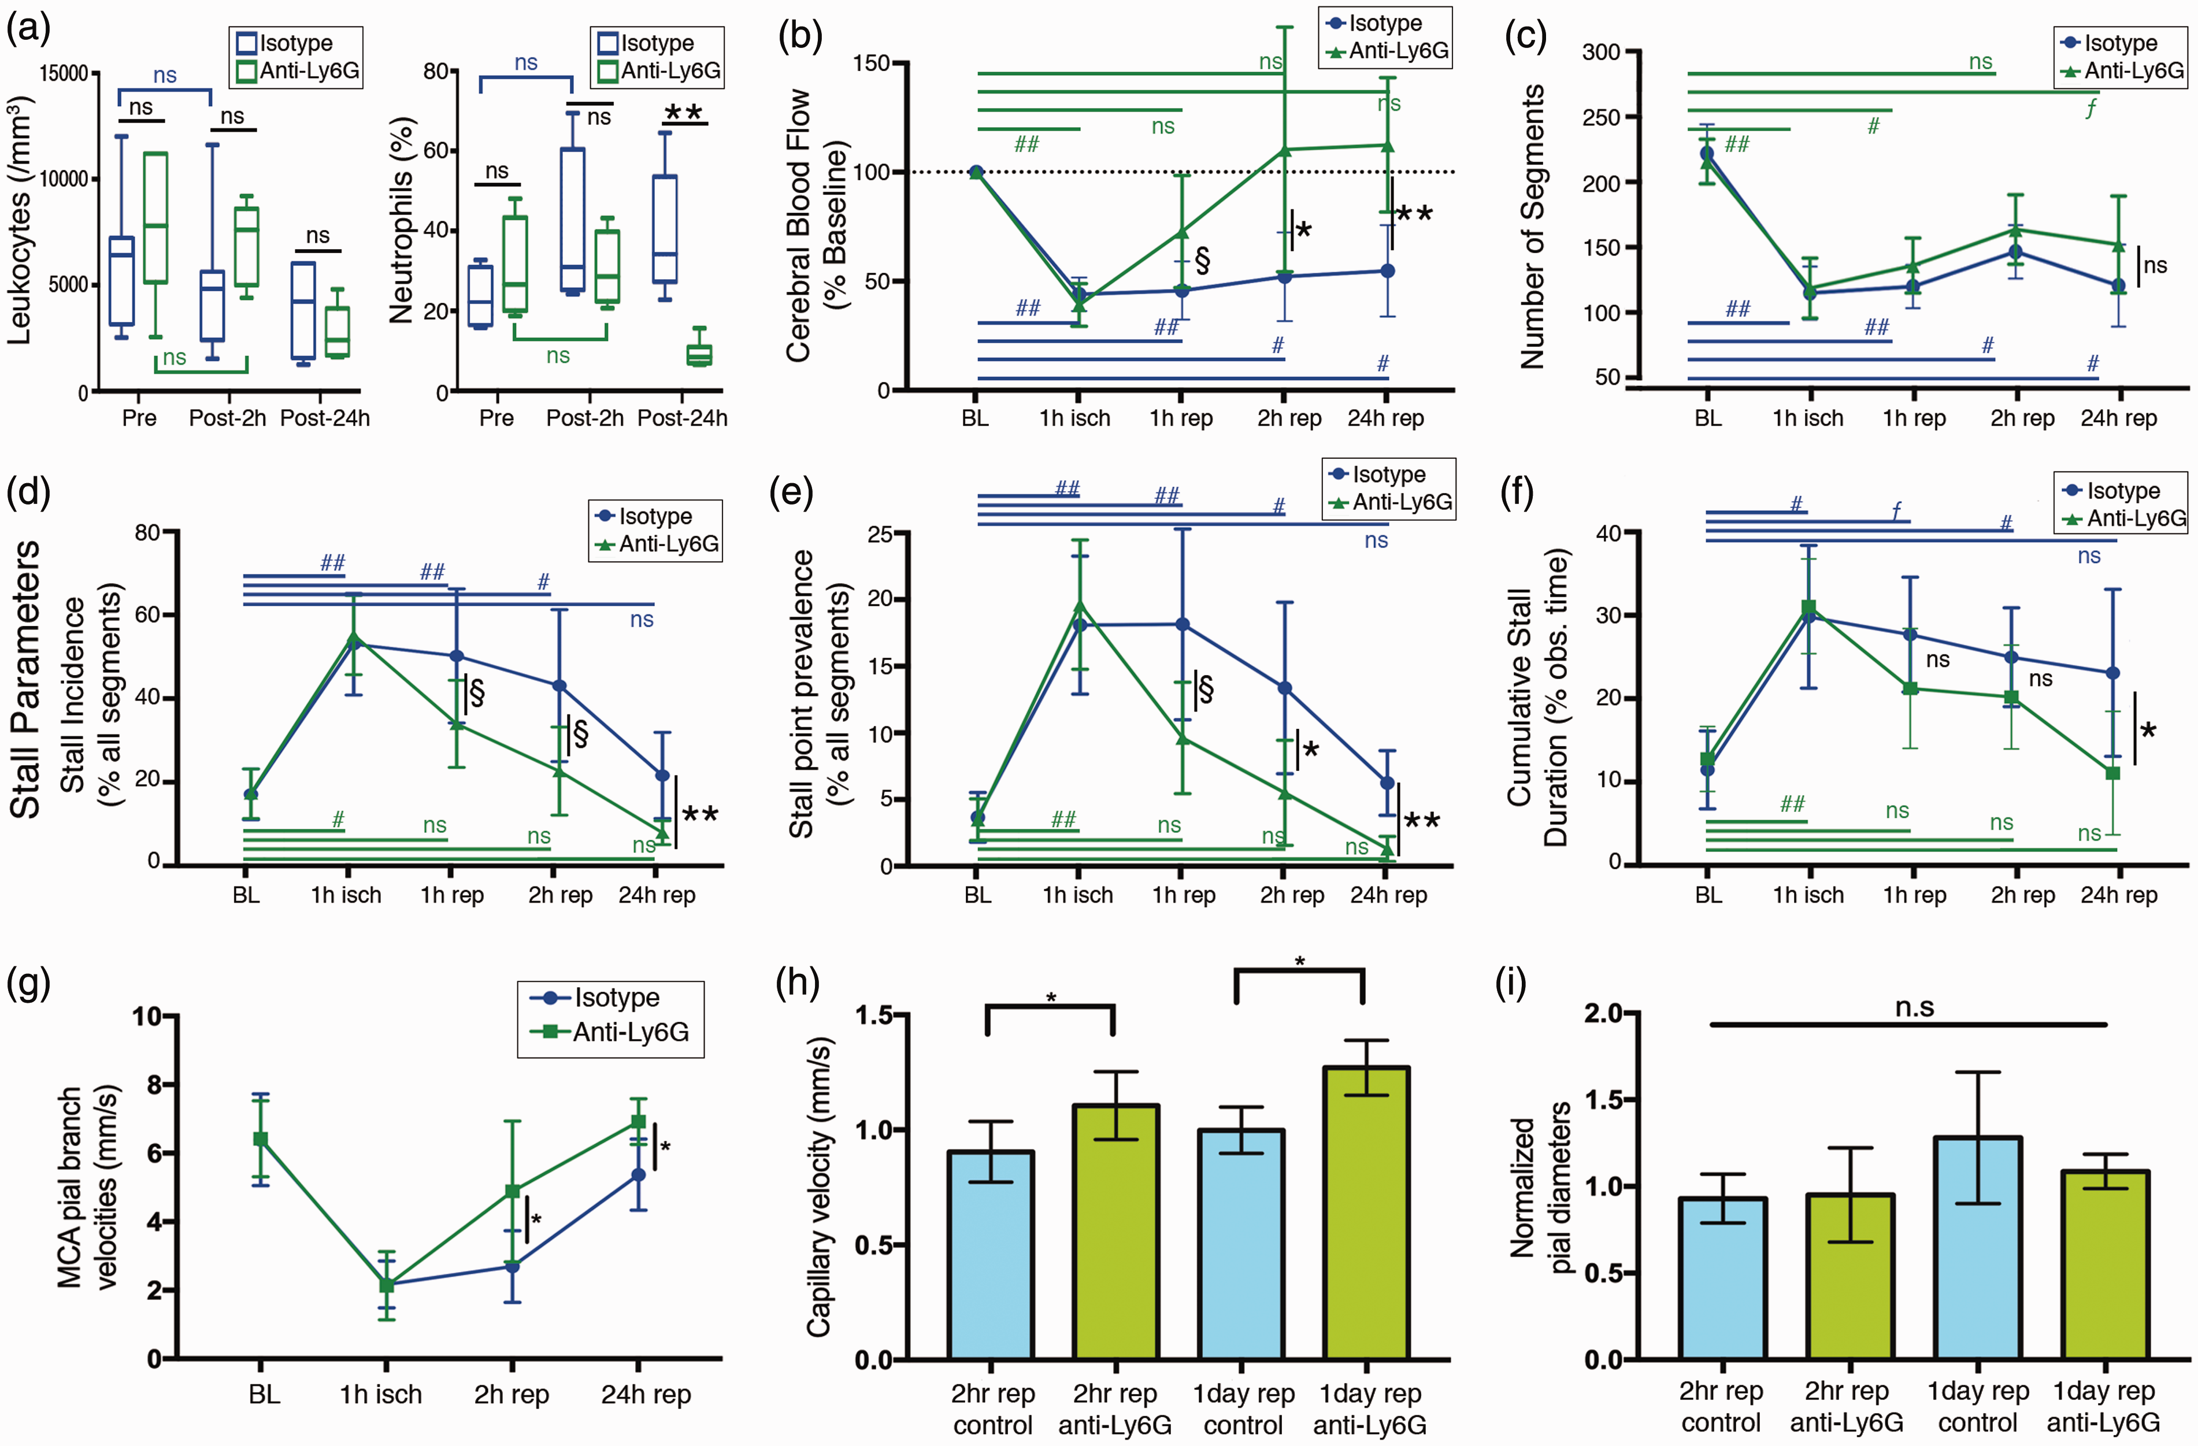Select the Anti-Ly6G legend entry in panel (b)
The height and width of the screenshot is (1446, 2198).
click(1386, 51)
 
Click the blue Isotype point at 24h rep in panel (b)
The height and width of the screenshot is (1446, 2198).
click(1387, 270)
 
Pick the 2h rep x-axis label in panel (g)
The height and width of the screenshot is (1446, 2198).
click(511, 1395)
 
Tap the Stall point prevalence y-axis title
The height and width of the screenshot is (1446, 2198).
click(817, 694)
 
